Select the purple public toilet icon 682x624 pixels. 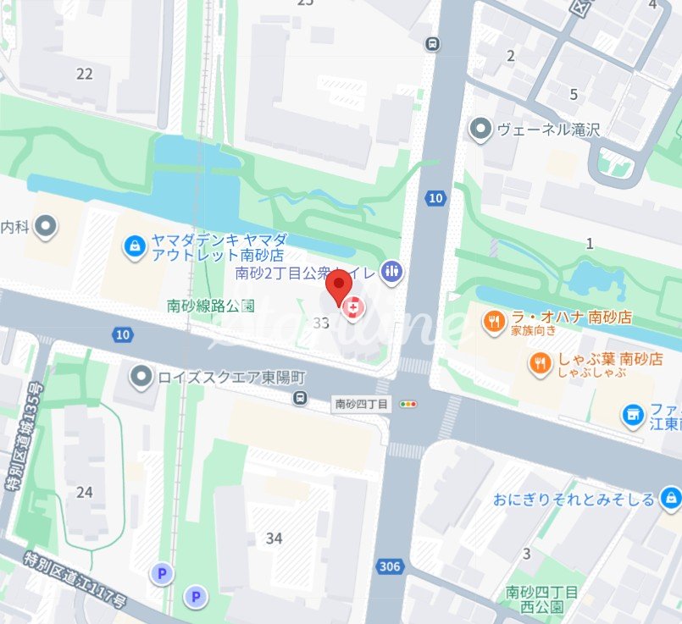coord(391,271)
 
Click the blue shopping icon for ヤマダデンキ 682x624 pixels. coord(134,246)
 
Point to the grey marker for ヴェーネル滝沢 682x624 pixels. coord(481,130)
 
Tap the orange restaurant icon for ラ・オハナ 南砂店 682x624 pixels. coord(494,321)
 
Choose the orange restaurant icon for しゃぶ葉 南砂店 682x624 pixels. coord(540,363)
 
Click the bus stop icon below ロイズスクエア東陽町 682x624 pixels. coord(299,398)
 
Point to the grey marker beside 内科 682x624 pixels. coord(47,226)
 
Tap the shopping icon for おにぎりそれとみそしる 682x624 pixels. coord(670,498)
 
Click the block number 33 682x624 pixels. coord(320,323)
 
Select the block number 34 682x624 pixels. coord(274,538)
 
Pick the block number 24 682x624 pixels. coord(84,492)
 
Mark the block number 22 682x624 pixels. coord(84,74)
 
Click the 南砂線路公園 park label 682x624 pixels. coord(211,306)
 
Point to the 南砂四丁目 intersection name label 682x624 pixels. coord(362,404)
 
